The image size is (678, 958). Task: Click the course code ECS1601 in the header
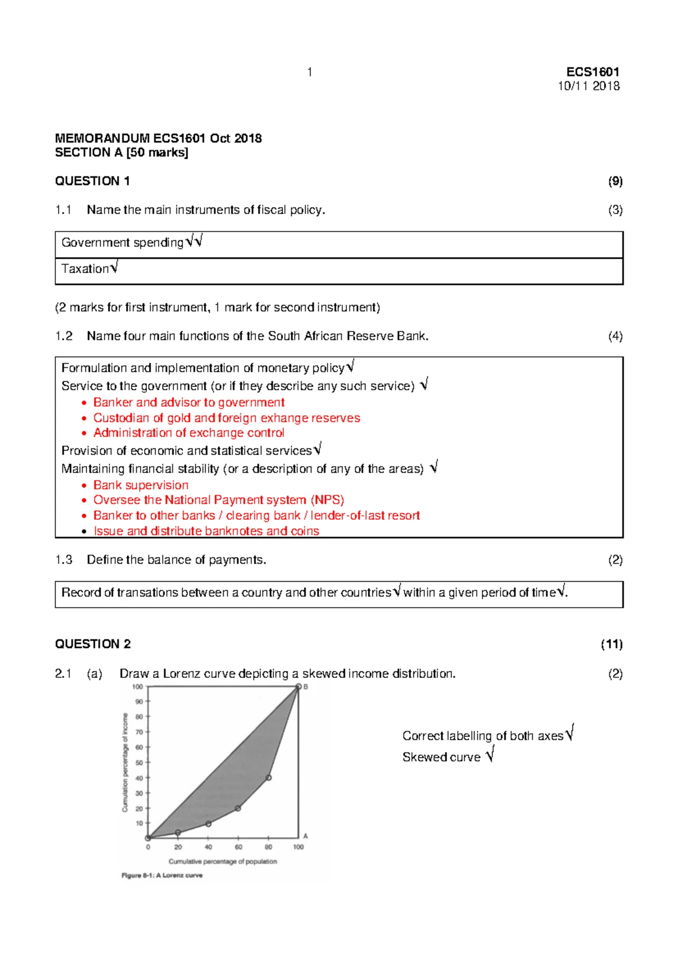(593, 72)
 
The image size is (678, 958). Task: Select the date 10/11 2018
(589, 86)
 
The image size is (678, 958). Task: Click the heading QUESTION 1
(92, 181)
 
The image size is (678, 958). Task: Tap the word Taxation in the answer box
(85, 269)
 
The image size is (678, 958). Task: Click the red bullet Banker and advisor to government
(189, 402)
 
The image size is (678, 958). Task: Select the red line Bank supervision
(141, 485)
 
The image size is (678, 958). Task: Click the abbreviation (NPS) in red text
(327, 500)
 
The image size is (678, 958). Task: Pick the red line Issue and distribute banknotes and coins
(206, 531)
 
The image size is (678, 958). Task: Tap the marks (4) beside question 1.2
(615, 336)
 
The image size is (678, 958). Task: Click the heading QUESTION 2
(93, 644)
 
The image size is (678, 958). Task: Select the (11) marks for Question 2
(611, 644)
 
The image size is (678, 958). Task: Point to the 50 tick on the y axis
(139, 763)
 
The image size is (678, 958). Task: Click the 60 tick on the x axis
(238, 847)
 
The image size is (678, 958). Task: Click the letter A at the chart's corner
(306, 836)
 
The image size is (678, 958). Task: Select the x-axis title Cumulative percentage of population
(223, 861)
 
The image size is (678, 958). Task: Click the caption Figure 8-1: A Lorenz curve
(162, 876)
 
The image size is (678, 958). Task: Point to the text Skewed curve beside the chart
(441, 757)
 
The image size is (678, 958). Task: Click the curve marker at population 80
(268, 778)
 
